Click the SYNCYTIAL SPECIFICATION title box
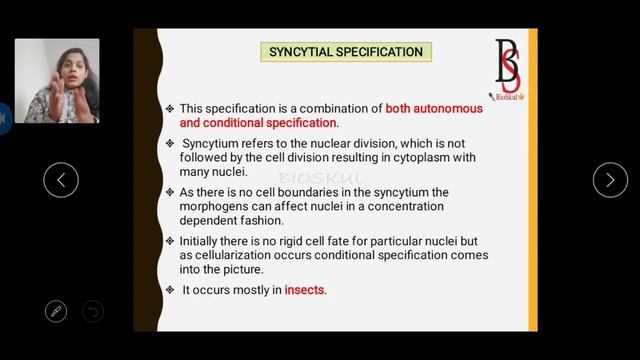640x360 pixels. (x=345, y=51)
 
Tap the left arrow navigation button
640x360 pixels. (x=61, y=180)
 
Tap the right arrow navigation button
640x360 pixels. (x=610, y=180)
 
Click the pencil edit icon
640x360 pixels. (x=56, y=311)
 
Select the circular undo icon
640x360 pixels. (x=92, y=311)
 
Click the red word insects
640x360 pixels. (x=305, y=290)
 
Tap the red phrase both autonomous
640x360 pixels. (x=434, y=108)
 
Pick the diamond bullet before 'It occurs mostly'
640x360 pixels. (x=170, y=290)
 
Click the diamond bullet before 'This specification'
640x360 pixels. (x=170, y=108)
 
